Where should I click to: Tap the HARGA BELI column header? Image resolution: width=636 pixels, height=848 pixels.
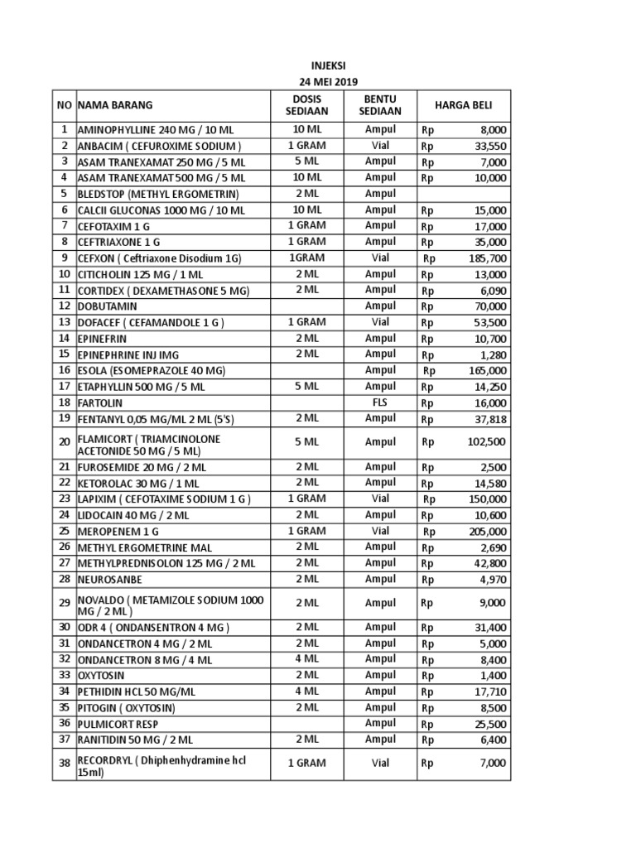point(465,105)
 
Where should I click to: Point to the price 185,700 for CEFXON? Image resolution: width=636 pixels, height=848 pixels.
point(489,258)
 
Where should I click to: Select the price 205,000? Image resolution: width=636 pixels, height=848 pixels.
point(489,531)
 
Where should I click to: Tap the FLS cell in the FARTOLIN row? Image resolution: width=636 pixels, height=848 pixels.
point(380,402)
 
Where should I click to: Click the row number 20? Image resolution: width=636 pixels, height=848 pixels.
point(64,442)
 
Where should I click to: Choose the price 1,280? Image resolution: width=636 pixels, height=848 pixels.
point(494,354)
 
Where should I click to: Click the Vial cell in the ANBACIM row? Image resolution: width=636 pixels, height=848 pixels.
point(380,146)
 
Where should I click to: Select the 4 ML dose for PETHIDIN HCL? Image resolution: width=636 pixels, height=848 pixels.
point(306,691)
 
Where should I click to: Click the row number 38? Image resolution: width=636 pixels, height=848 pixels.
point(64,764)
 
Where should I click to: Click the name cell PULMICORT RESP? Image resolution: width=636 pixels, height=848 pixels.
point(118,724)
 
